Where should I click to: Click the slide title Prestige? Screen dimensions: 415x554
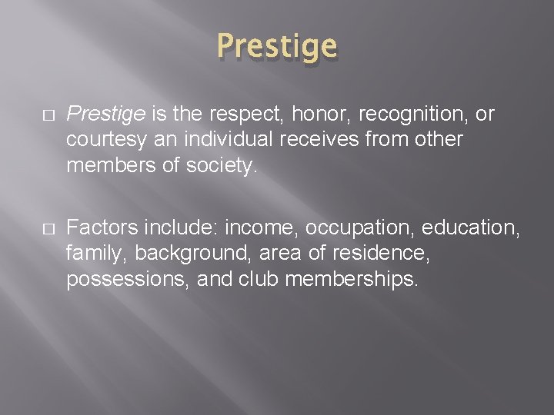[x=277, y=47]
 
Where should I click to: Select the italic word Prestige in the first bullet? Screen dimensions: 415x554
[x=105, y=115]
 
